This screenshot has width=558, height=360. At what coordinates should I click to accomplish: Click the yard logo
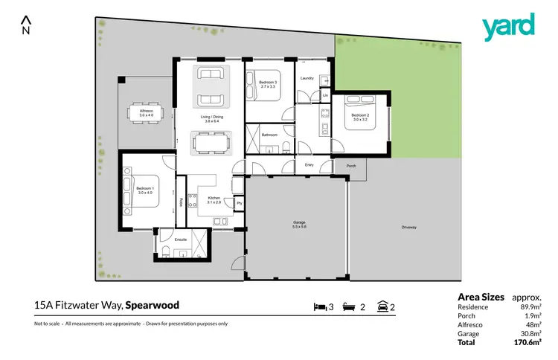[508, 28]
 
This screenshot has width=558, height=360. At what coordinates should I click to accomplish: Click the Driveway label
[409, 227]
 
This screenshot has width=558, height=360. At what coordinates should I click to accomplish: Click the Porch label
[350, 166]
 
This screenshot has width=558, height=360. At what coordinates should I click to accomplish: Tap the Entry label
[309, 165]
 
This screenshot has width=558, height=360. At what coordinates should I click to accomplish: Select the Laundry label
[307, 77]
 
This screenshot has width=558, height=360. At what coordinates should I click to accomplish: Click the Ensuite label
[180, 239]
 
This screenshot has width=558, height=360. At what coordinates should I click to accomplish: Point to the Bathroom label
[269, 135]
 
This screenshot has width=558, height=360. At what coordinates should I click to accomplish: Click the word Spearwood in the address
[152, 304]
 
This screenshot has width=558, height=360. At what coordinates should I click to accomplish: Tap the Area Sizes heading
[481, 296]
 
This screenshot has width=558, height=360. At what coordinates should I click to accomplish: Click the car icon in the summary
[383, 306]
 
